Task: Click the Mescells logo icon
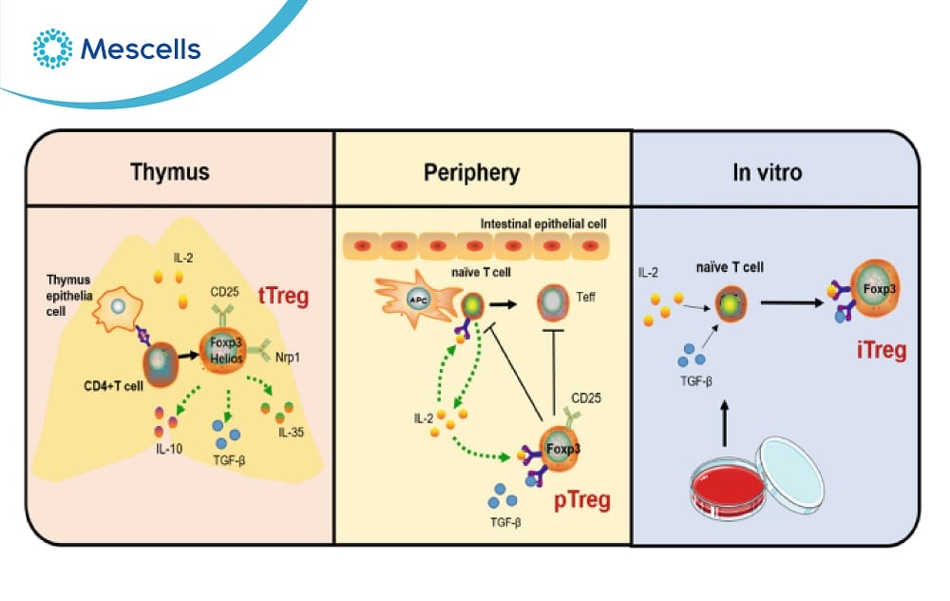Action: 51,48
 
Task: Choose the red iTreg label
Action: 880,350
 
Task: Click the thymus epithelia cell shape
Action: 119,309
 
